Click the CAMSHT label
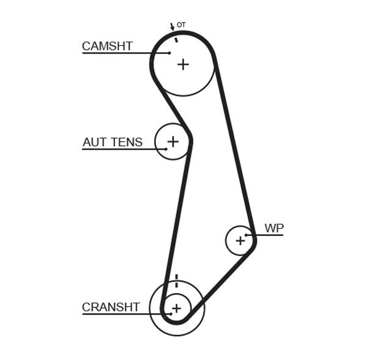(107, 46)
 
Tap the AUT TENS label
(113, 142)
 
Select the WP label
(274, 228)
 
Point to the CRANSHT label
(111, 307)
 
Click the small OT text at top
(180, 25)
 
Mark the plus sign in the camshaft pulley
(183, 64)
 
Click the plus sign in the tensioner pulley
(173, 142)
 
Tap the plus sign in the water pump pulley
(240, 240)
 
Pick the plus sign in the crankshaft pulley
(176, 309)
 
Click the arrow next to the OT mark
(172, 27)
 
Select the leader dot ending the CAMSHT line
(169, 53)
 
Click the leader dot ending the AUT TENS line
(165, 149)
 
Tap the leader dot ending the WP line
(247, 235)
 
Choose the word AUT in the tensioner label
(94, 142)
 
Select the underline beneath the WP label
(269, 235)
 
